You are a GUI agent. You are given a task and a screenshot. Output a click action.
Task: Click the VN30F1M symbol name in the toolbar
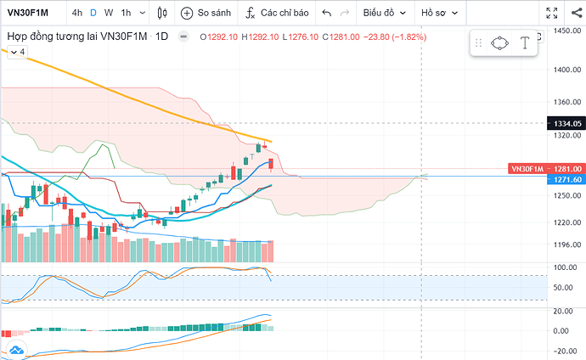(29, 14)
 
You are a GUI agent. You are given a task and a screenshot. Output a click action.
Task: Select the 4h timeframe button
(77, 14)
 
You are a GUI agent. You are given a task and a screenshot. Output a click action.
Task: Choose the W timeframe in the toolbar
(109, 14)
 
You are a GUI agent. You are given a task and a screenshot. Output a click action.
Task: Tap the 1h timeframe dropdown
(130, 14)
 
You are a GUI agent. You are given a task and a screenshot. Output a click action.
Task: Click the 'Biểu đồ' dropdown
(383, 14)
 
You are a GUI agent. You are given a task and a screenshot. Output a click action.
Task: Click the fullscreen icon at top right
(553, 14)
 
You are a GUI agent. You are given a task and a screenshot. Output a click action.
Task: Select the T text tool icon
(526, 42)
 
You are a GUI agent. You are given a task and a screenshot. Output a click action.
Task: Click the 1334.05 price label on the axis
(561, 123)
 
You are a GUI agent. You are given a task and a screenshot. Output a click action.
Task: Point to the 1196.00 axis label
(561, 246)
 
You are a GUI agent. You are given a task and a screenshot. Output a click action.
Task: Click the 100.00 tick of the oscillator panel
(561, 267)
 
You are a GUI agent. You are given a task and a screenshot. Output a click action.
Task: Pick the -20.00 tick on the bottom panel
(561, 350)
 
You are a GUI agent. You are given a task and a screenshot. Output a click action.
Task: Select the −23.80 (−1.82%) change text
(395, 37)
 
